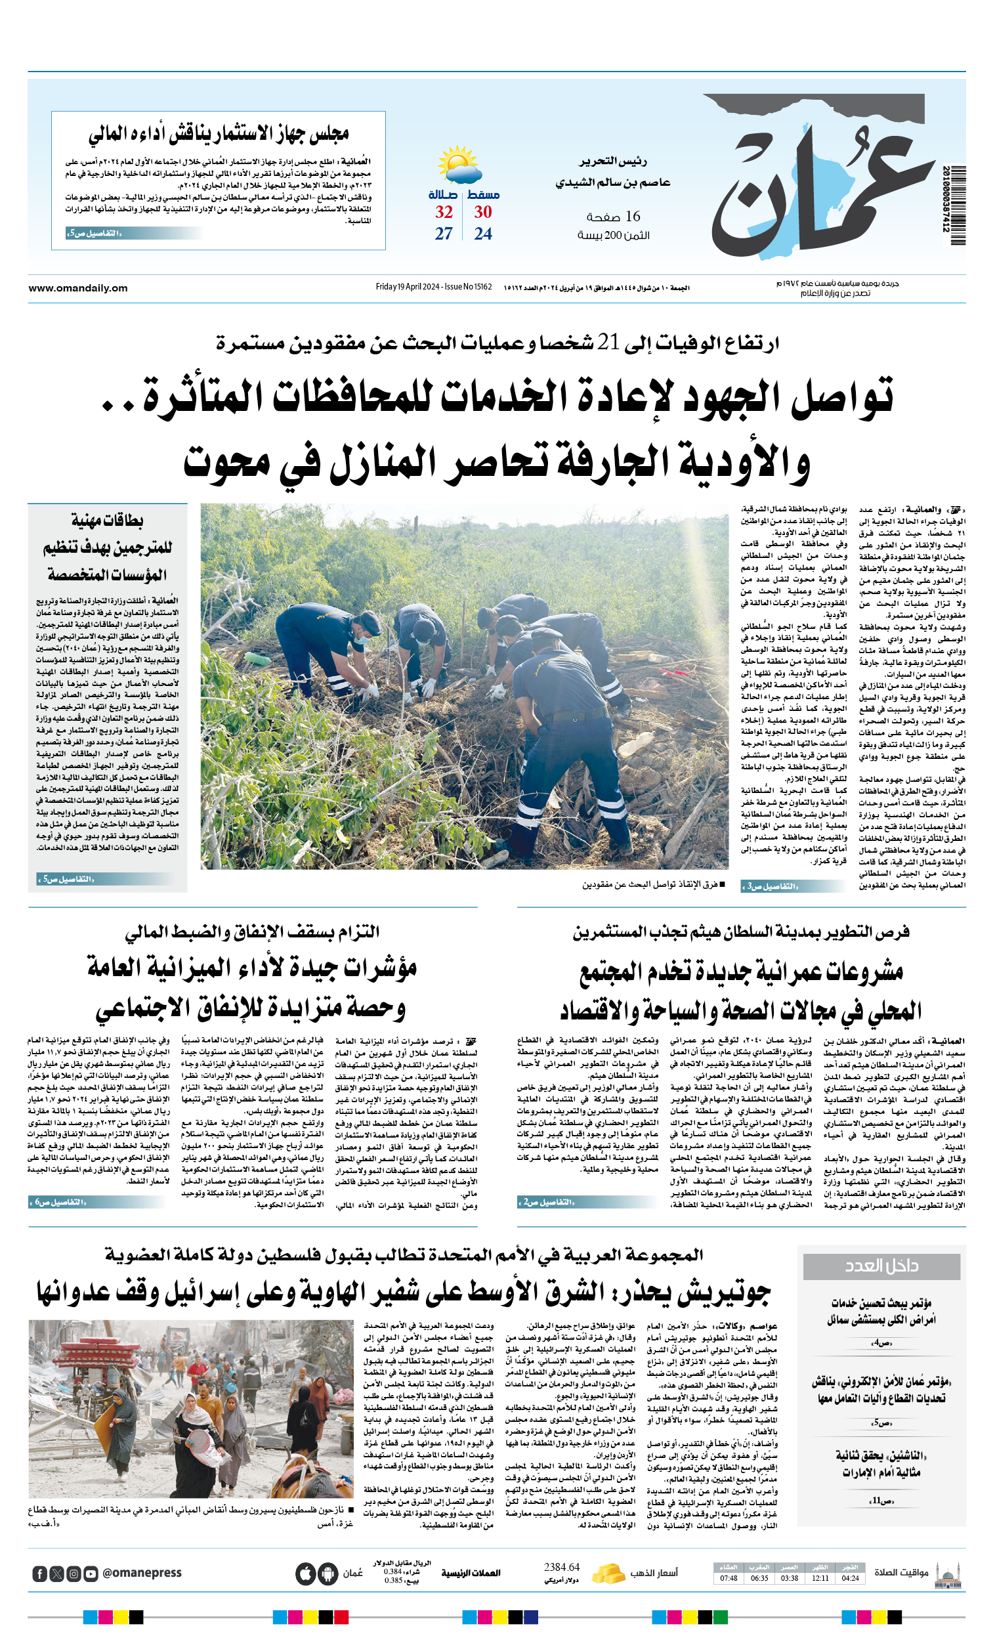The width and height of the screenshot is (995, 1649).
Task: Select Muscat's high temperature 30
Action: click(x=482, y=212)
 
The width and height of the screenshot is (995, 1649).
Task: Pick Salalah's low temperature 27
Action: click(x=444, y=234)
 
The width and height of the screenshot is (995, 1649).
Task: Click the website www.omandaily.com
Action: click(x=77, y=288)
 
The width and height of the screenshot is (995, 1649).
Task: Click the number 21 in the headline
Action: click(x=608, y=342)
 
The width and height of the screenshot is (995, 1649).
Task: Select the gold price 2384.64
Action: click(x=561, y=1568)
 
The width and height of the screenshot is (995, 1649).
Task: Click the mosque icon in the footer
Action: click(x=948, y=1574)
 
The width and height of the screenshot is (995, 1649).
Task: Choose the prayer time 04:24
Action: click(x=850, y=1579)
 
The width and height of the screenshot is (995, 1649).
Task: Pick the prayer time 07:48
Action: click(x=729, y=1579)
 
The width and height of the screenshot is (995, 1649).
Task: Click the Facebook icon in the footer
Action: click(x=39, y=1574)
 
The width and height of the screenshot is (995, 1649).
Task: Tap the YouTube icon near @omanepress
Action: click(x=91, y=1574)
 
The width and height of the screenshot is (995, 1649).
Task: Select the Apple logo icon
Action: click(x=305, y=1574)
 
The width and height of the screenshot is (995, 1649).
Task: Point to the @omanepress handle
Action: click(x=142, y=1574)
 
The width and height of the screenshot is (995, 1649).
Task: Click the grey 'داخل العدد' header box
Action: click(x=881, y=1266)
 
